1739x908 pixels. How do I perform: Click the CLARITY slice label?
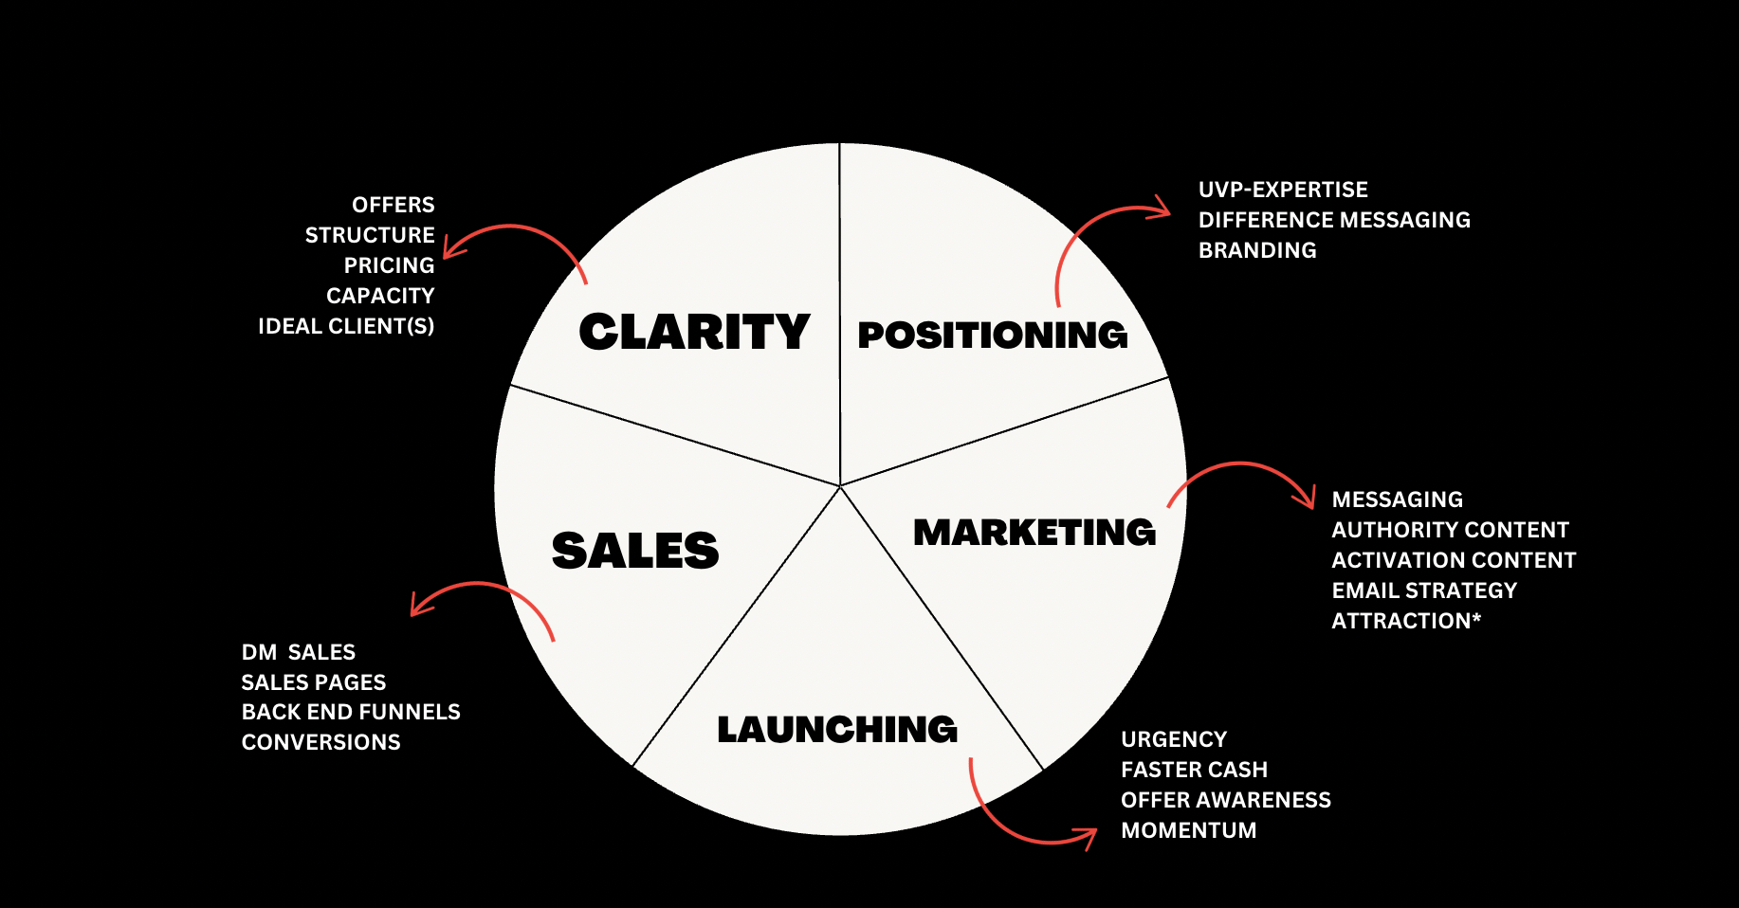click(694, 333)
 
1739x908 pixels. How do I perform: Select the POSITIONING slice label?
click(992, 336)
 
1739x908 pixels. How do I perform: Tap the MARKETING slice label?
click(1034, 533)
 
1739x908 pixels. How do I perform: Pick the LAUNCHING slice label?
click(837, 730)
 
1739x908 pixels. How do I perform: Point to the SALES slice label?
click(635, 551)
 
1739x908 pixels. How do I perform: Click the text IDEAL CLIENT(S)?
click(346, 326)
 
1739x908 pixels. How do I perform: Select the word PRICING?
click(389, 265)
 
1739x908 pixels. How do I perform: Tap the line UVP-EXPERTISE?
click(1283, 190)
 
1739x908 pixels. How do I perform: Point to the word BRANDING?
click(1257, 250)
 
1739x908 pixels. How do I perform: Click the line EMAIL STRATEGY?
click(1424, 590)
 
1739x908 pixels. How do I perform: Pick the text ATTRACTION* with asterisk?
click(1406, 621)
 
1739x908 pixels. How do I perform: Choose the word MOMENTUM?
click(1189, 830)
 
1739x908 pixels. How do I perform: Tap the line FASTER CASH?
click(1194, 770)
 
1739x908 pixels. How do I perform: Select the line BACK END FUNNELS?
click(351, 712)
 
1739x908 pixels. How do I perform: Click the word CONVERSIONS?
click(321, 742)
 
